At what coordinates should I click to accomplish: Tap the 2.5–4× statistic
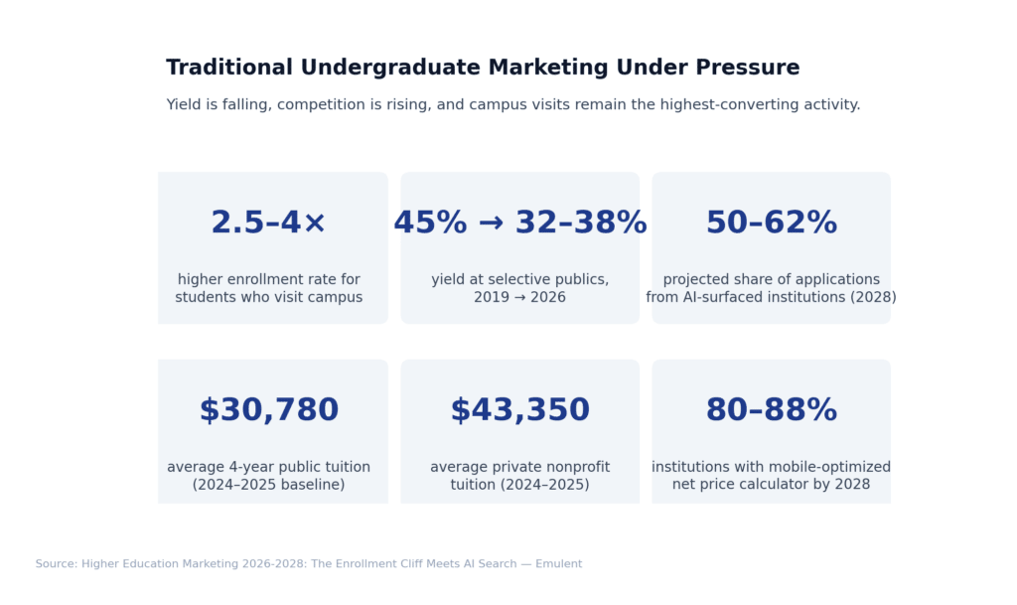[268, 223]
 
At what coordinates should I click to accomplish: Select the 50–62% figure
[771, 223]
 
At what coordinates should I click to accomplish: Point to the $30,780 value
[268, 410]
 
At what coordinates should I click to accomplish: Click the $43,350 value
[519, 410]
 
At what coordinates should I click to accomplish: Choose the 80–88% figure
[771, 410]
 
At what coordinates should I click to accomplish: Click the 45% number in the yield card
[430, 223]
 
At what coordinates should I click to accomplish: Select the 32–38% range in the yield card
[581, 223]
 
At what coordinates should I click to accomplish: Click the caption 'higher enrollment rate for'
[268, 280]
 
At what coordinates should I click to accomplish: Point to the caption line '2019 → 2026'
[519, 298]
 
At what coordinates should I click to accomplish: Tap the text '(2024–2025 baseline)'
[268, 485]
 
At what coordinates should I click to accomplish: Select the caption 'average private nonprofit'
[519, 467]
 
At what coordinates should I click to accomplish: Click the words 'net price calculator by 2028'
[771, 485]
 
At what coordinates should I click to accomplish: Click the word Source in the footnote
[56, 564]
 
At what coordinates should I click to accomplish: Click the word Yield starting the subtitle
[185, 104]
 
